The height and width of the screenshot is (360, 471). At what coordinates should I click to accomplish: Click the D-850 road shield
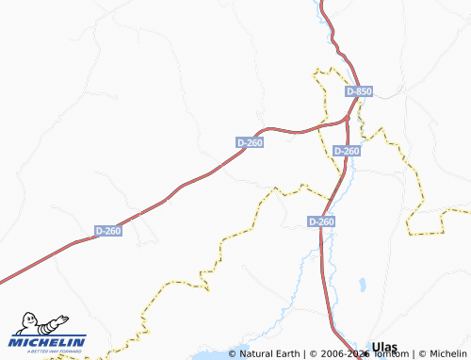click(360, 91)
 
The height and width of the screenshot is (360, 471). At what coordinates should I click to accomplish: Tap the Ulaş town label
click(387, 347)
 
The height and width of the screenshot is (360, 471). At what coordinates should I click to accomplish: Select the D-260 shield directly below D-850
click(348, 151)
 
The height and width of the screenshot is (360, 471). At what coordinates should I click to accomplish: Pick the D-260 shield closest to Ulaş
click(321, 221)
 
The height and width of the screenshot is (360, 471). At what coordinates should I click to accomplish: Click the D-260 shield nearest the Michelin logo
click(108, 230)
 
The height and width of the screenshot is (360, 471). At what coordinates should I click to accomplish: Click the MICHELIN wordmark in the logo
click(49, 341)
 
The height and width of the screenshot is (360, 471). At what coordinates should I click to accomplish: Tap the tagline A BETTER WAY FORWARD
click(49, 351)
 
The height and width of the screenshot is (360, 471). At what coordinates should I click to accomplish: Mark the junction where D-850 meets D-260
click(349, 118)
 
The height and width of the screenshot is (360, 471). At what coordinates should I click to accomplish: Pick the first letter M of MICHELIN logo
click(16, 341)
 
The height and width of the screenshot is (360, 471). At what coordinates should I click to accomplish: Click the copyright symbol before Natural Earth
click(234, 354)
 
